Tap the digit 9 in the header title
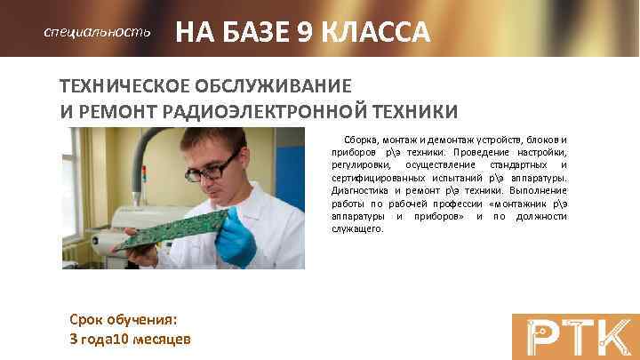(308, 33)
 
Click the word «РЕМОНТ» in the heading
(115, 112)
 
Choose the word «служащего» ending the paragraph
(356, 228)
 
